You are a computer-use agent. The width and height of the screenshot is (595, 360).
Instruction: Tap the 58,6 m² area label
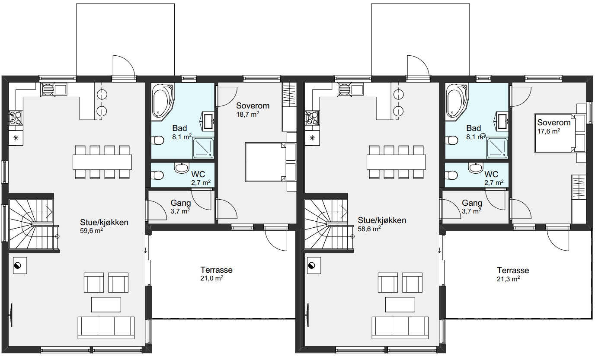point(369,229)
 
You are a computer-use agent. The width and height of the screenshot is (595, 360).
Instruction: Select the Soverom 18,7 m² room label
point(253,110)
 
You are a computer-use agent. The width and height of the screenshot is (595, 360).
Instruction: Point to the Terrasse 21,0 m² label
point(217,274)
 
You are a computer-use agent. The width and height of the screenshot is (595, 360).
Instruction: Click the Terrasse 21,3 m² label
point(513,274)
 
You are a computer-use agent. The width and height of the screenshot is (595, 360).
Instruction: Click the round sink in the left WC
point(182,168)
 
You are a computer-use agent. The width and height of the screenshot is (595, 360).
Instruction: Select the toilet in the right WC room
point(451,175)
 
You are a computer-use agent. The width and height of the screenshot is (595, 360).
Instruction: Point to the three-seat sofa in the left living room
point(106,328)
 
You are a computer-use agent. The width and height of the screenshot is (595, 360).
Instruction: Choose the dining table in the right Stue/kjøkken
point(396,162)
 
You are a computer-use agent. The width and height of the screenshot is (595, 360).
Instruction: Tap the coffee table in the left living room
point(106,305)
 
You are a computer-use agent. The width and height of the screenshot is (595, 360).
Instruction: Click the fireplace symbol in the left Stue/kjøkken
point(20,265)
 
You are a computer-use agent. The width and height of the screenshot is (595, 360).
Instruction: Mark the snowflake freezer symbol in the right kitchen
point(312,138)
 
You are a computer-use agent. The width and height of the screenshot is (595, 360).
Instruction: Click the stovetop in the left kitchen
point(16,118)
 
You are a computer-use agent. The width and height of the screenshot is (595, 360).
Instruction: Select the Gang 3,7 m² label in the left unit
point(181,207)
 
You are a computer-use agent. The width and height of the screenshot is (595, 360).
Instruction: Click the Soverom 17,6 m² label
point(554,126)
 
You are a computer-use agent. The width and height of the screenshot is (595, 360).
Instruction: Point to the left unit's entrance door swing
point(124,66)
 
